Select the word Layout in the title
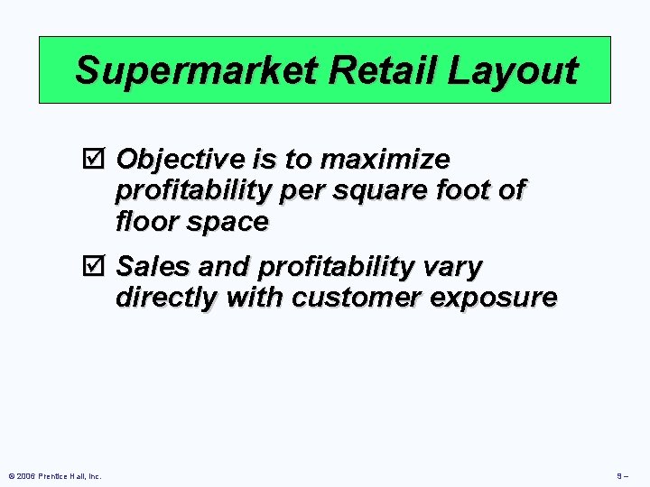[515, 70]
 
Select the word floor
[145, 222]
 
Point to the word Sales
[151, 267]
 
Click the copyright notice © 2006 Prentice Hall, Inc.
[54, 475]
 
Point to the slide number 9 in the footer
[619, 475]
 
